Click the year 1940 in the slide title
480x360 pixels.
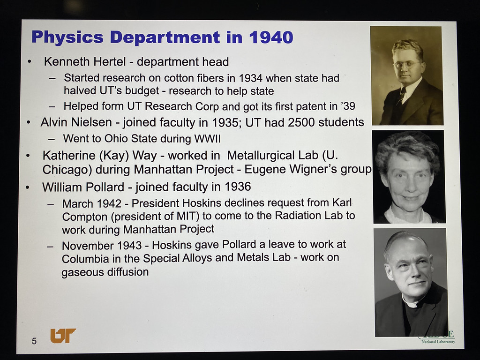[271, 37]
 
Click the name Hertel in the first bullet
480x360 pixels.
[110, 62]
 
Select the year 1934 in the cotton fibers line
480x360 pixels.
[250, 78]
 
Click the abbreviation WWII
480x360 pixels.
[207, 139]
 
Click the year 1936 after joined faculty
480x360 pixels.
[238, 187]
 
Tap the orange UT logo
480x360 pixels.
[63, 336]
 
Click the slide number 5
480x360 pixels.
[34, 341]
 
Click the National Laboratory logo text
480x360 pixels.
[438, 342]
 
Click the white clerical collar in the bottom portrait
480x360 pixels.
[412, 301]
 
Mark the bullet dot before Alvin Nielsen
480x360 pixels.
[29, 123]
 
